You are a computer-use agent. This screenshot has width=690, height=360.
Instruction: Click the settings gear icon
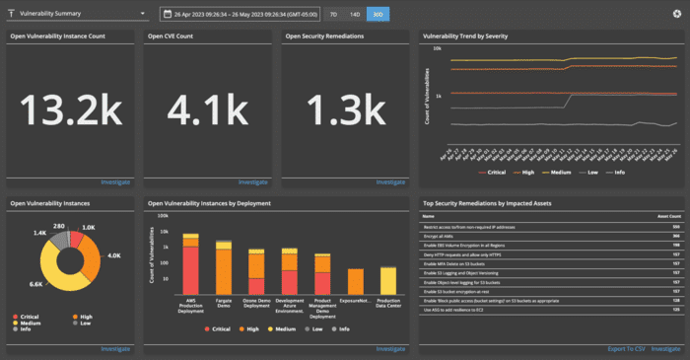click(x=676, y=15)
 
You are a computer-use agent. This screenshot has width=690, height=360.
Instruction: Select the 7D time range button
click(x=332, y=15)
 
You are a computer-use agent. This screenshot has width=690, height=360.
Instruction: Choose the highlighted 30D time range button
click(x=377, y=15)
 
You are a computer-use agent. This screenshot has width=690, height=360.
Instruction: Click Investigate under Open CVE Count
click(x=252, y=182)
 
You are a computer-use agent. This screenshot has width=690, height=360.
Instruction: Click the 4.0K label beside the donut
click(x=114, y=257)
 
